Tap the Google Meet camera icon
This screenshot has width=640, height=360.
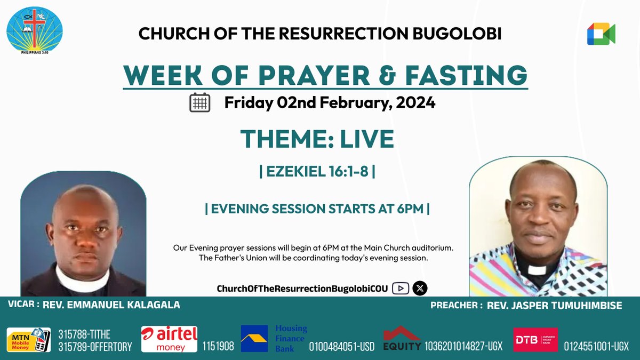click(x=601, y=34)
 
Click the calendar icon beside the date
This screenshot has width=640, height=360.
click(x=200, y=102)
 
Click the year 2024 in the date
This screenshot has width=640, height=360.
click(x=415, y=102)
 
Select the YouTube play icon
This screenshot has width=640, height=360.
click(x=400, y=289)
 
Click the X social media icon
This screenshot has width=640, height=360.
click(x=420, y=289)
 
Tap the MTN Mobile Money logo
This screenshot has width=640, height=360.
click(x=28, y=340)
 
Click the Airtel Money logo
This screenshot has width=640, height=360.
click(x=169, y=339)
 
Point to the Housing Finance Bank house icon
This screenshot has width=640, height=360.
click(x=254, y=339)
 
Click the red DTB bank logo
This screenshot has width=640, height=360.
click(x=535, y=340)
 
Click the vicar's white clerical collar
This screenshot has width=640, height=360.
click(x=83, y=279)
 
